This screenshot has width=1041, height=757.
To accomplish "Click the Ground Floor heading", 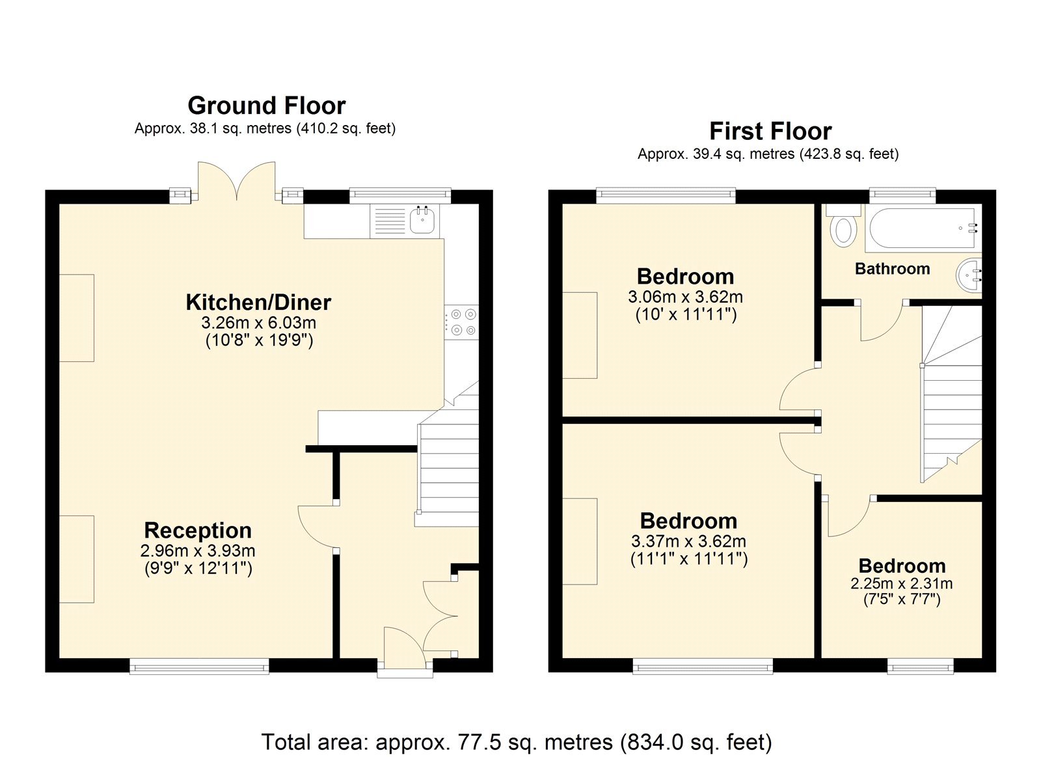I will [x=266, y=105].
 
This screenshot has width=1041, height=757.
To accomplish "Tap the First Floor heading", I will [x=770, y=131].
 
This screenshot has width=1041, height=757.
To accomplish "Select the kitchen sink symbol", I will [x=423, y=220].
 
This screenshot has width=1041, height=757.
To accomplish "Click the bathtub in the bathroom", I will [x=923, y=228].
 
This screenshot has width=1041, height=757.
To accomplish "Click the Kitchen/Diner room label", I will [x=258, y=303].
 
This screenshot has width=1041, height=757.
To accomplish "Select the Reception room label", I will [x=198, y=530].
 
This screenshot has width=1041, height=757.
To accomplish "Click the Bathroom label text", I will [x=892, y=269].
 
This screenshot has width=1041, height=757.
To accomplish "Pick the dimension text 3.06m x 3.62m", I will [x=685, y=297].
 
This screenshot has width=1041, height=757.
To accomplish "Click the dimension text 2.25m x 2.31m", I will [x=901, y=584].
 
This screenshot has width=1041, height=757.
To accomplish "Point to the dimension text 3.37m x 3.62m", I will [x=688, y=542].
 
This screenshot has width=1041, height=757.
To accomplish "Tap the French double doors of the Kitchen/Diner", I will [x=237, y=182].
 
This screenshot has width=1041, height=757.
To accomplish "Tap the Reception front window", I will [x=199, y=666].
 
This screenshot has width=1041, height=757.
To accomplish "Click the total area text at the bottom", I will [x=517, y=742].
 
